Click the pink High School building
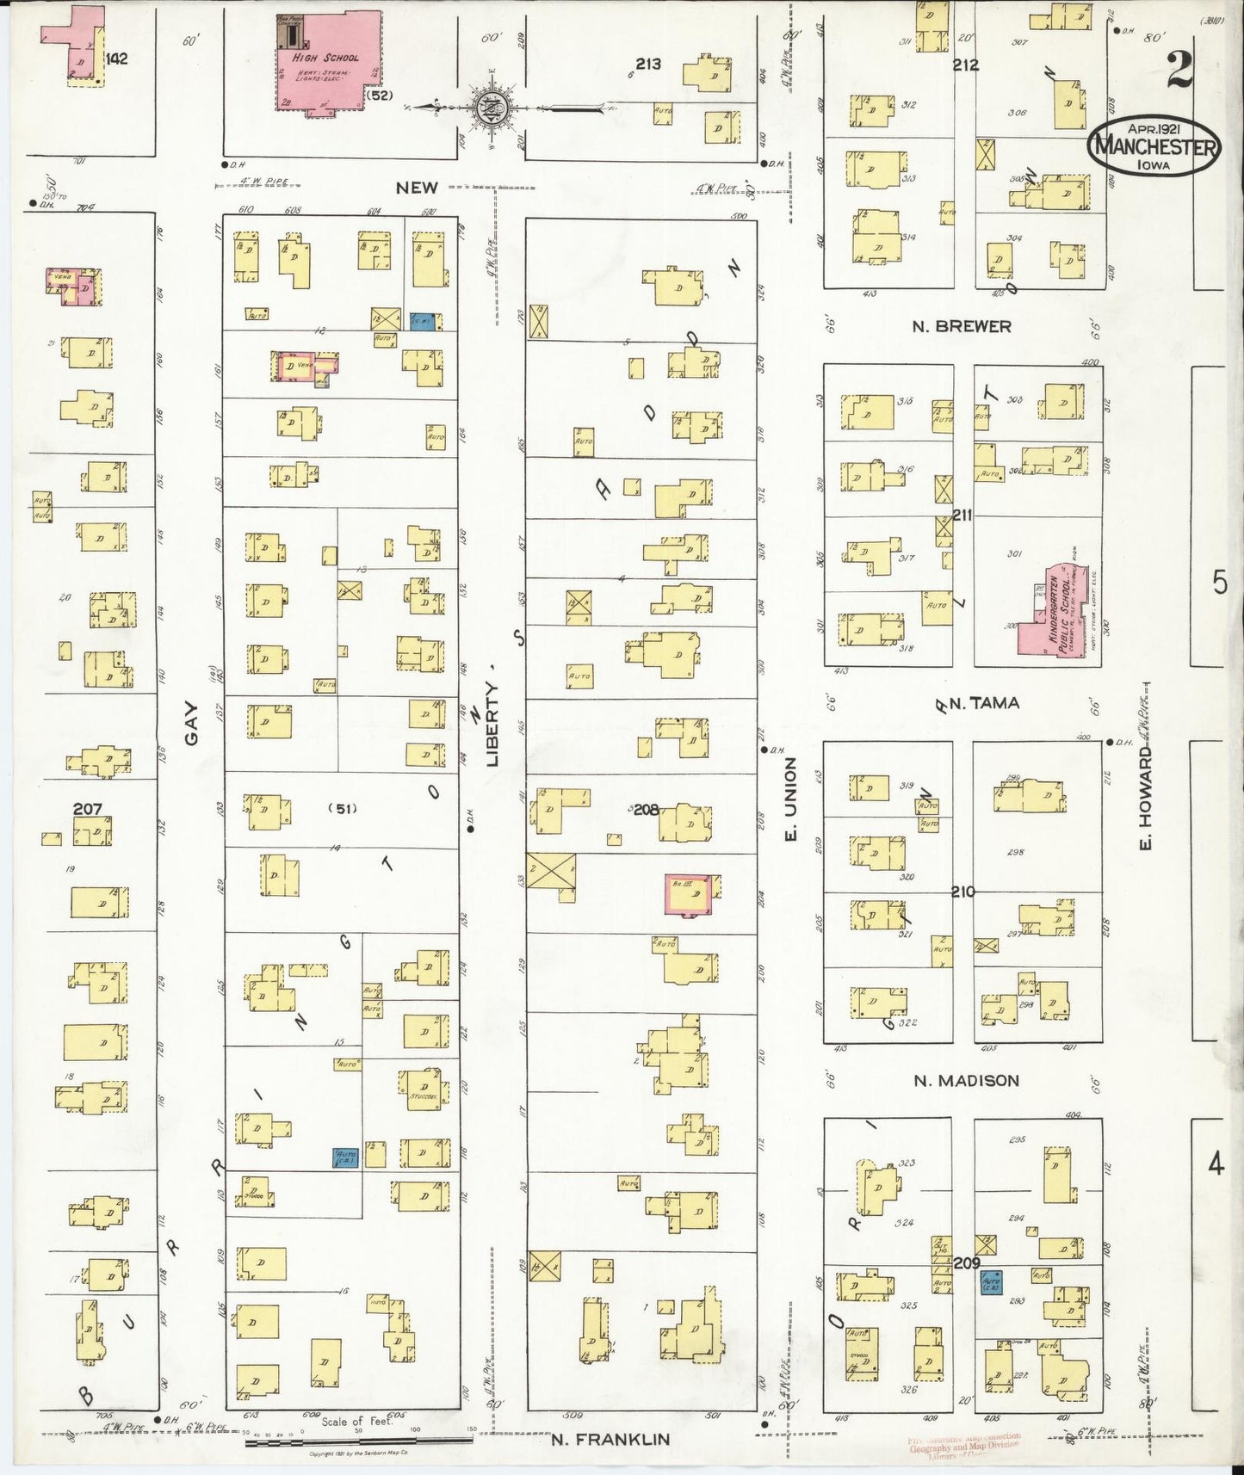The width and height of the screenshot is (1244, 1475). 327,60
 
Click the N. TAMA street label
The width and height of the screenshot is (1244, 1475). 983,703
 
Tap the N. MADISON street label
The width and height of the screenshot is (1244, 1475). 967,1080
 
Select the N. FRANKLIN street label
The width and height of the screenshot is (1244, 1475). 610,1439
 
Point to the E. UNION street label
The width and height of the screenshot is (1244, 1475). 793,800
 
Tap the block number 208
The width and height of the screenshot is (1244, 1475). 647,810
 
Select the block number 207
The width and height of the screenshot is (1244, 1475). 87,809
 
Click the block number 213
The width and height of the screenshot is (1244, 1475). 647,64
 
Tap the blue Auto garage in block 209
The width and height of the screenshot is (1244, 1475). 991,1283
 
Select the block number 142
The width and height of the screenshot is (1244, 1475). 116,59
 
